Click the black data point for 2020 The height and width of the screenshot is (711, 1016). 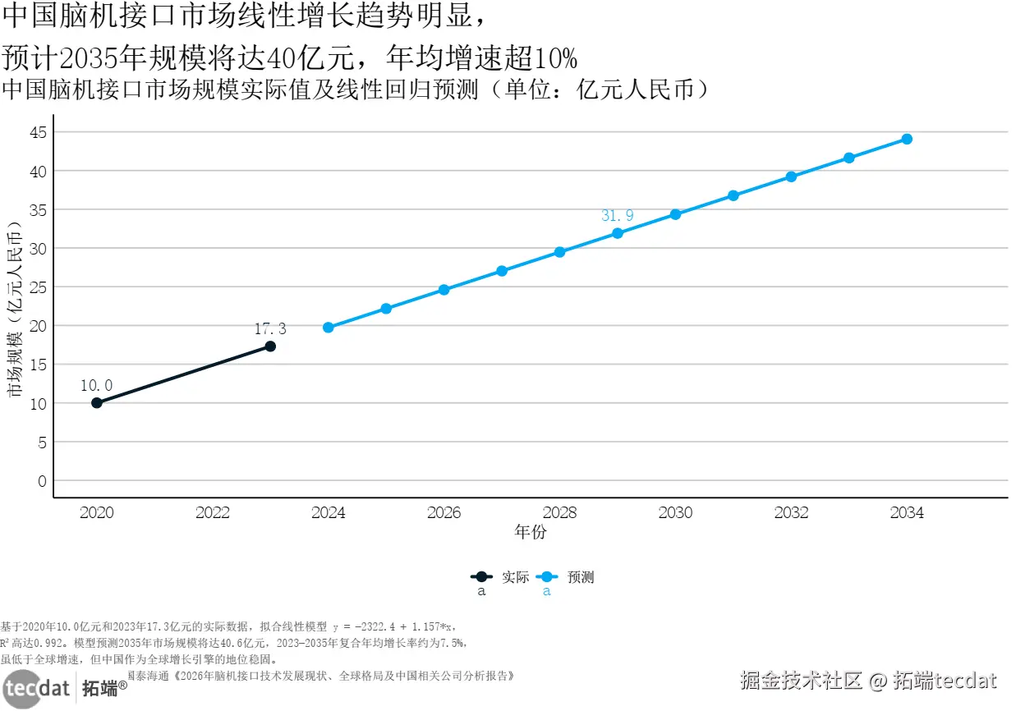[x=97, y=402]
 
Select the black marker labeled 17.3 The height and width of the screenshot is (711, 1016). [x=270, y=346]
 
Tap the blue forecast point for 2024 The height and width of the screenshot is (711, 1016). [x=329, y=328]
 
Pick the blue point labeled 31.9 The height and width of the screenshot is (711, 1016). [x=618, y=233]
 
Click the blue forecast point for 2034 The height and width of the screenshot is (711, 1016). [x=907, y=139]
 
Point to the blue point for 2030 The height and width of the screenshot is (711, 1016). [x=675, y=214]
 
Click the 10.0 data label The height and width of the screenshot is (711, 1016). [x=97, y=385]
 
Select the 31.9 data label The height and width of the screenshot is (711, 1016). [x=618, y=216]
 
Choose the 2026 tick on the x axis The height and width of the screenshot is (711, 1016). [x=444, y=513]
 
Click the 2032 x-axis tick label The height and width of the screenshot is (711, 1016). [x=791, y=513]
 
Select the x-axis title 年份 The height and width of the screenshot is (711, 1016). [x=531, y=532]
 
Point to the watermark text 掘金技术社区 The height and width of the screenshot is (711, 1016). [x=801, y=681]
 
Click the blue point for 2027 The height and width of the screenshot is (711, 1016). [x=502, y=271]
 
